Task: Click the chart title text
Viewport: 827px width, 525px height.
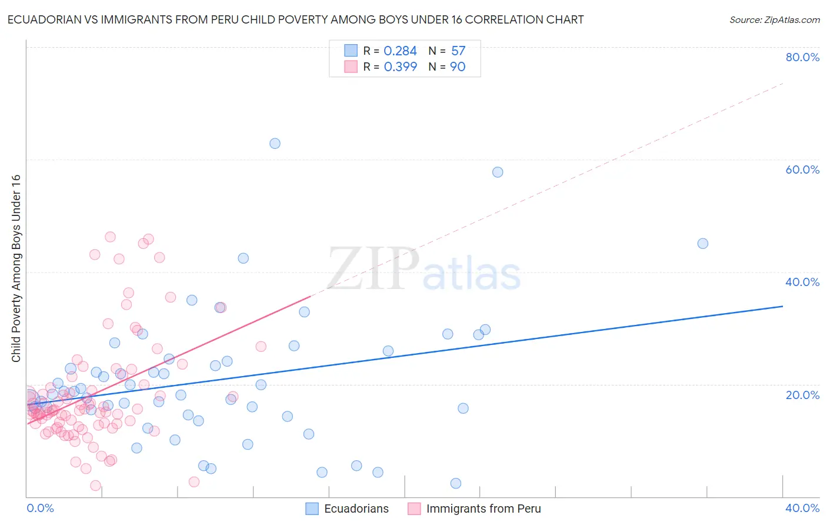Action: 295,19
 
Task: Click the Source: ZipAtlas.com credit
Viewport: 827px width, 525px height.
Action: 774,20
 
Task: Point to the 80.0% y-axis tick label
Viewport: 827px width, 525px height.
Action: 802,57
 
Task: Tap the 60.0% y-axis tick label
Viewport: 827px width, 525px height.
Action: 802,170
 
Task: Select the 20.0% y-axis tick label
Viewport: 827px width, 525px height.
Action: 802,395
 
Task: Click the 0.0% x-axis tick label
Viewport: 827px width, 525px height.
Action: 40,508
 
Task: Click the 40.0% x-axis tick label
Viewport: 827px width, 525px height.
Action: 802,508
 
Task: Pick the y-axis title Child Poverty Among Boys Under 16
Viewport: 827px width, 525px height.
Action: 16,268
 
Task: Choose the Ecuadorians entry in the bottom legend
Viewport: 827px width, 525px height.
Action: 347,509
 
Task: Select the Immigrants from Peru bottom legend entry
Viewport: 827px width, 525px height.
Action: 474,509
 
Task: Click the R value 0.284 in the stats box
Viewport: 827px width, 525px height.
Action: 400,51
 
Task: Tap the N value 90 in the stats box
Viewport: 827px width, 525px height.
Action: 458,67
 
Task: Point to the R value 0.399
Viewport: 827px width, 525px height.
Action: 400,67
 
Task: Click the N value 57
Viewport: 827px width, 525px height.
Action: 458,51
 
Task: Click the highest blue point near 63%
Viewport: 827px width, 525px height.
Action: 275,144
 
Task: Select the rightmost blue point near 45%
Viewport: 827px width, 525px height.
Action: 702,244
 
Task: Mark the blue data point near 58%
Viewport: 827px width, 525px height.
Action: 498,172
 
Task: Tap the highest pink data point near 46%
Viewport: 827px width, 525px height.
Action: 110,237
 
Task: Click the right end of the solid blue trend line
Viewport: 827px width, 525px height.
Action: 782,306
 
